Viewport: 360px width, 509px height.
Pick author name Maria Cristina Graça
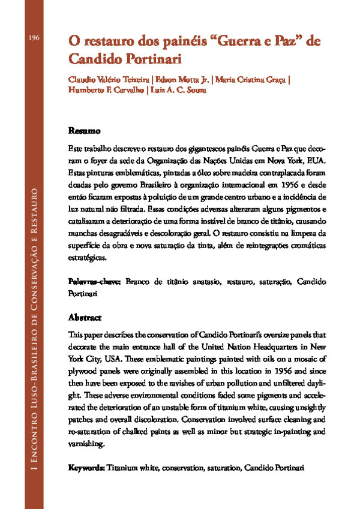[250, 80]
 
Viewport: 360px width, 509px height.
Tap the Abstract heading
[85, 317]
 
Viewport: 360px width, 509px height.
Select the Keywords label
[86, 466]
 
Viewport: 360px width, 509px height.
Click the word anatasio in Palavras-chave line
[203, 281]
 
